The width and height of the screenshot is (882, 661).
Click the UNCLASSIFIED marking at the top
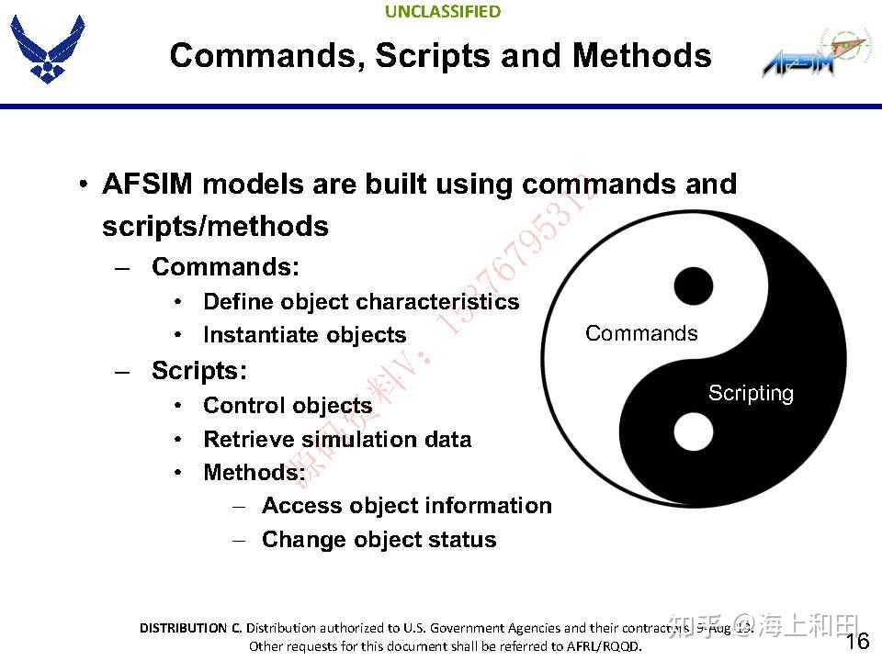point(443,12)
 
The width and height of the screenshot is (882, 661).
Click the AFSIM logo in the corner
point(814,57)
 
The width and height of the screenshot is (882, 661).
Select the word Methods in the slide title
point(641,55)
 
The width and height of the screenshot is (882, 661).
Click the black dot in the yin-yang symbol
point(693,286)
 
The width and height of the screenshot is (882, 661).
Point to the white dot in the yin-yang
point(693,431)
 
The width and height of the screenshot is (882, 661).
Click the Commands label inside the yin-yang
point(641,333)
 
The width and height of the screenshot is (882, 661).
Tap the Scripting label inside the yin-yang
point(751,393)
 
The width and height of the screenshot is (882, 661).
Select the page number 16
point(856,641)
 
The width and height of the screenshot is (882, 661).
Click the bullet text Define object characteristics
point(361,302)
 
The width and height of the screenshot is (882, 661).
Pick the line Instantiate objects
point(304,335)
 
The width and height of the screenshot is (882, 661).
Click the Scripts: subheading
point(199,370)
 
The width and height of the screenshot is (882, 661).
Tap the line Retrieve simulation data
point(337,439)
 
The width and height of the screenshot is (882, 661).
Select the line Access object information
point(407,506)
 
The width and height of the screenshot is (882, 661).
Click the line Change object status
point(379,540)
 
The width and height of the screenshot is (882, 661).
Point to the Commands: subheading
point(226,267)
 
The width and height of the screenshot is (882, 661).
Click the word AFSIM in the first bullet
point(147,184)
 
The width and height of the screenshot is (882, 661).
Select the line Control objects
point(288,406)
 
